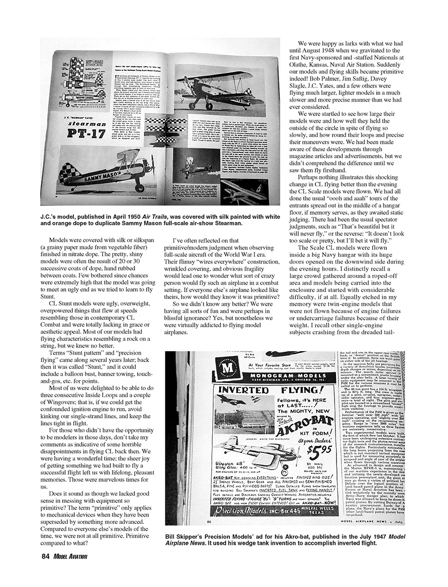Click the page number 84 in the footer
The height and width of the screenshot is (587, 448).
click(x=46, y=556)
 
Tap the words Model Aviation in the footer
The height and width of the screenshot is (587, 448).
click(x=71, y=556)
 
